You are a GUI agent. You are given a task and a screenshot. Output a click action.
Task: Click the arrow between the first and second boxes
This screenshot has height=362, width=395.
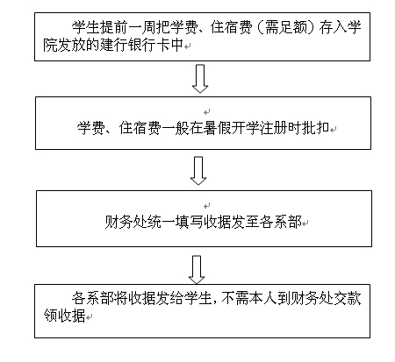[x=200, y=78]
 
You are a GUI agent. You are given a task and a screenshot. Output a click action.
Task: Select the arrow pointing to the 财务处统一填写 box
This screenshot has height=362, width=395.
[x=198, y=171]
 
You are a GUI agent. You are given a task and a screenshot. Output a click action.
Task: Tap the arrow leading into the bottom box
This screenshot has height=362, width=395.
[x=197, y=270]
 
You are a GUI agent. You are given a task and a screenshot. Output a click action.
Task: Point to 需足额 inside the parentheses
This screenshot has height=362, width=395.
[x=286, y=28]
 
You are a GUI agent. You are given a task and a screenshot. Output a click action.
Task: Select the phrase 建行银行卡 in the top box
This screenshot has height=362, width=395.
[x=134, y=46]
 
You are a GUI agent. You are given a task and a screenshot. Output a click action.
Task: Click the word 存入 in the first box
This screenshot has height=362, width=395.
[x=334, y=28]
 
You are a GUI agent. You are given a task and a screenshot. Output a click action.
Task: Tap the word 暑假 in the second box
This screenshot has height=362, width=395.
[x=217, y=128]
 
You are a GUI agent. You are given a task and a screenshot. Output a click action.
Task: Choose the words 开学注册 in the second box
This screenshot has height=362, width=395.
[x=259, y=128]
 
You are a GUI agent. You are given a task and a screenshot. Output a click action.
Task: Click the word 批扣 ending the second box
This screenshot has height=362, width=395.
[x=315, y=128]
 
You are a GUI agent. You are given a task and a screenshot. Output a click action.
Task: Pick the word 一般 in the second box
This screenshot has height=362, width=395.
[x=175, y=128]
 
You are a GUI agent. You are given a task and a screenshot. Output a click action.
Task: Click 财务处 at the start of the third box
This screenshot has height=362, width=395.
[x=126, y=223]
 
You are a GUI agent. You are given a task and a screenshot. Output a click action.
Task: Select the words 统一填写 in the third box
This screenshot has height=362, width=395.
[x=175, y=223]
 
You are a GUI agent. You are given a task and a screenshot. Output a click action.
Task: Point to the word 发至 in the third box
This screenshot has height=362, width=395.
[x=245, y=223]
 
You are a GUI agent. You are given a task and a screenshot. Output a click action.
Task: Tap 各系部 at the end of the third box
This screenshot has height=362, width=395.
[x=280, y=223]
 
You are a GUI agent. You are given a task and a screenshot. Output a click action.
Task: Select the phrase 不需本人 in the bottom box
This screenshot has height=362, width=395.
[x=249, y=299]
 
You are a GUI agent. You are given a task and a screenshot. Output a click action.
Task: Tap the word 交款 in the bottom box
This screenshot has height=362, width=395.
[x=348, y=299]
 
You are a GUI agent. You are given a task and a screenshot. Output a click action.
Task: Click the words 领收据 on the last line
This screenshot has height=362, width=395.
[x=64, y=316]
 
